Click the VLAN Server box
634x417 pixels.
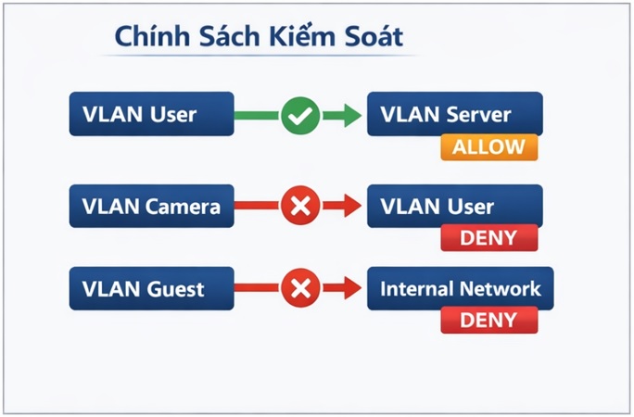coord(454,115)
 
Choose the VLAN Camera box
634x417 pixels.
coord(151,207)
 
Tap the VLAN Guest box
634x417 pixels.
coord(151,288)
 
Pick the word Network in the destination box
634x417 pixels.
coord(501,288)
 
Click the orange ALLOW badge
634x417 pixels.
coord(488,147)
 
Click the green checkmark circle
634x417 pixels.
coord(300,116)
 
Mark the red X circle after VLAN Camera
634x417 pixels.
coord(300,207)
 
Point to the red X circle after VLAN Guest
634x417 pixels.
coord(300,288)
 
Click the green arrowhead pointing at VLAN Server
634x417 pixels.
coord(349,116)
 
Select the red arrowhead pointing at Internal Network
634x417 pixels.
coord(349,288)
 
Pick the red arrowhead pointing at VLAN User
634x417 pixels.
coord(349,207)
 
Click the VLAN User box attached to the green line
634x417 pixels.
coord(151,115)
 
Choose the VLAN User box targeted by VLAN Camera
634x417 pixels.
coord(454,207)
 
